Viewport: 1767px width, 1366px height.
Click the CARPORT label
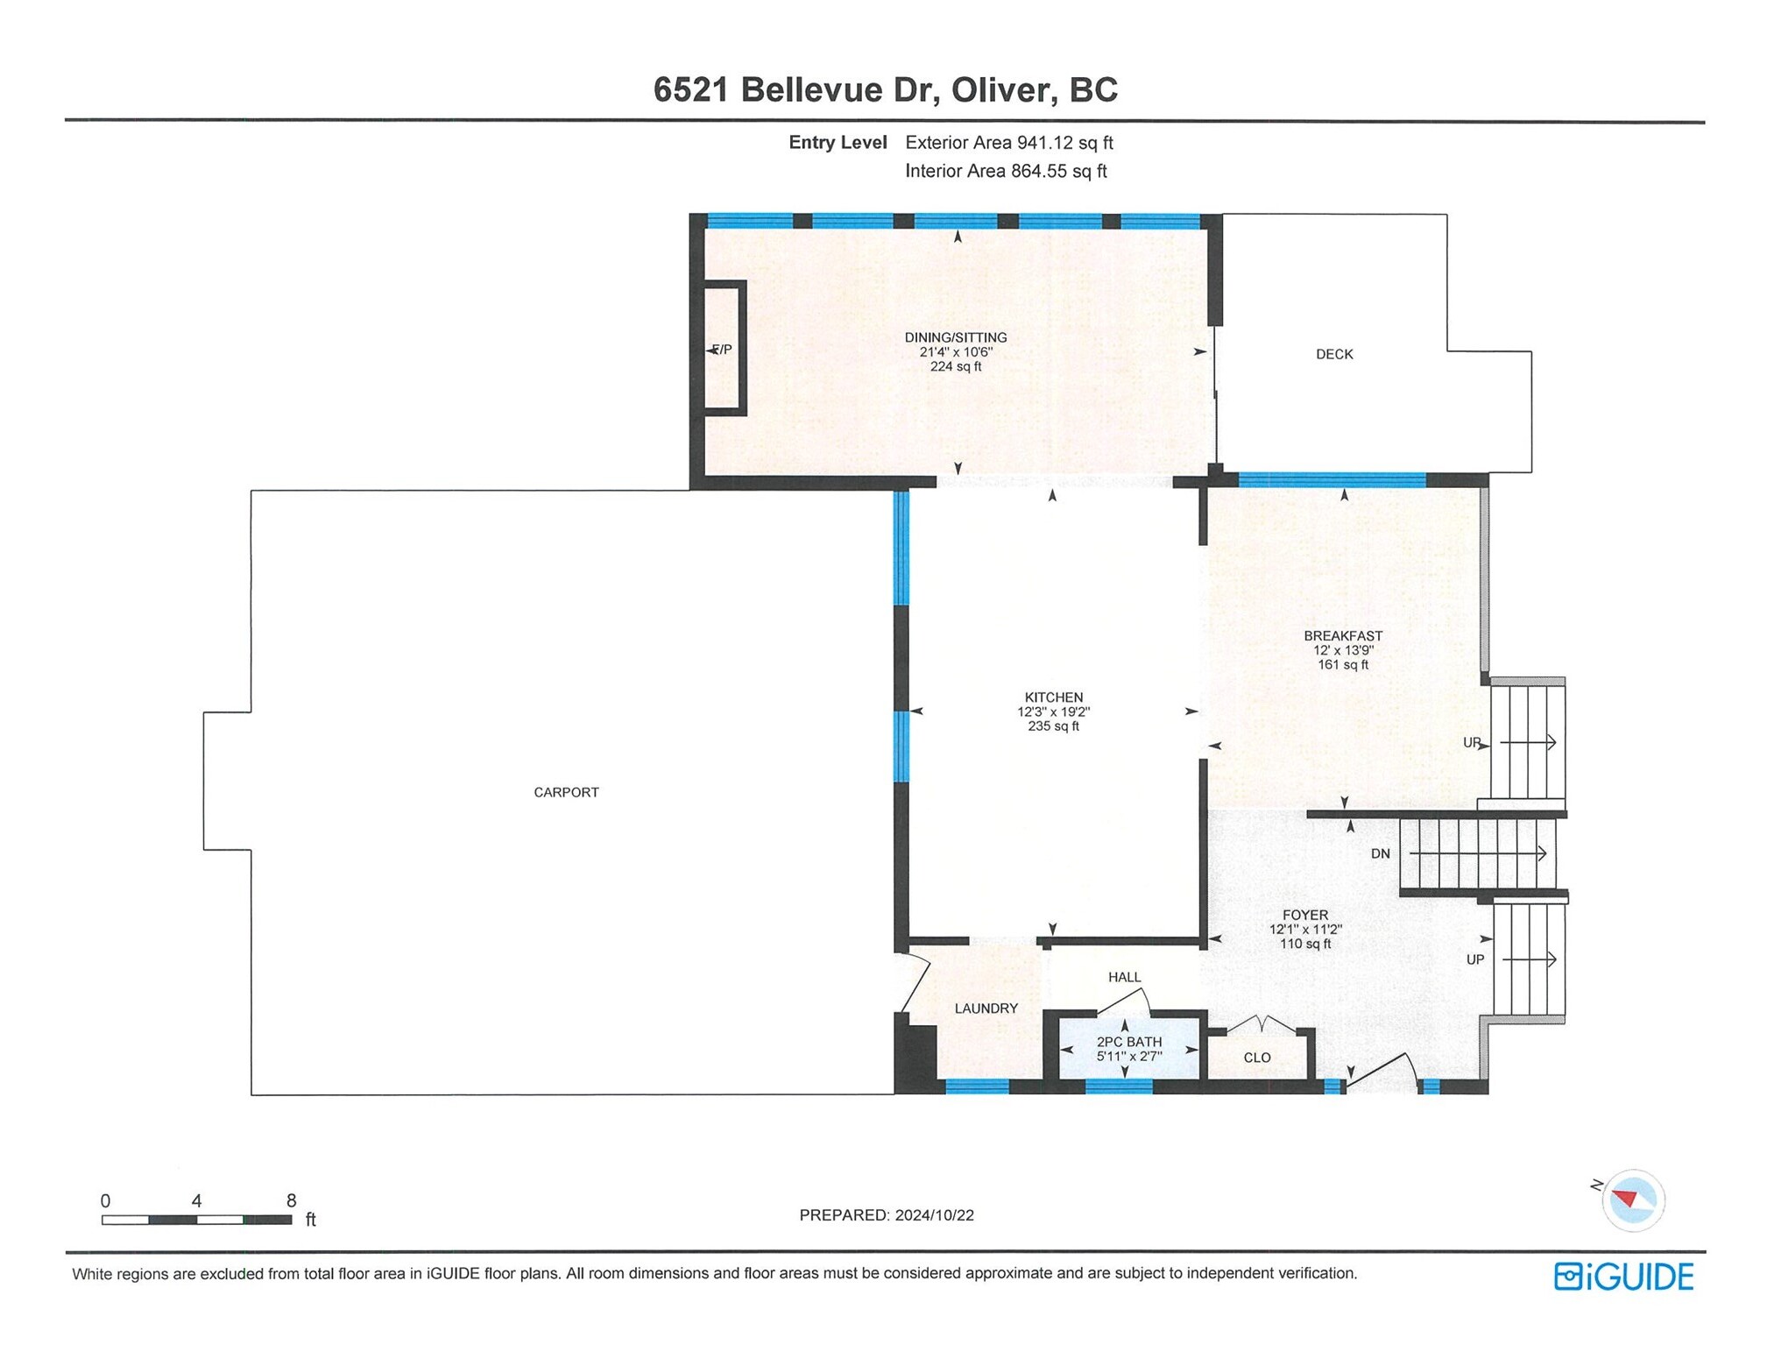pos(566,792)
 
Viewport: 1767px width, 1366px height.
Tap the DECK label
pos(1333,354)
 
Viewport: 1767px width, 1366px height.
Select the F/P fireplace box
pos(724,349)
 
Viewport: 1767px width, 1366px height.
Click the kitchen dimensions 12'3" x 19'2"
pos(1053,711)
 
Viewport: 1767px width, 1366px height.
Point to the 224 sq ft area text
pos(955,366)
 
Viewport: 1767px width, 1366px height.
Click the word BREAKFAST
pos(1342,635)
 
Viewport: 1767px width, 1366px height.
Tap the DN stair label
pos(1380,853)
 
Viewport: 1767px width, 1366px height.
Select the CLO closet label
pos(1256,1058)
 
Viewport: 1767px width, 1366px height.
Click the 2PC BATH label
pos(1128,1042)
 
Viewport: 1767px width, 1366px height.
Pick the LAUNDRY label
pos(986,1009)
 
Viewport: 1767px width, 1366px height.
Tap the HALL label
pos(1124,977)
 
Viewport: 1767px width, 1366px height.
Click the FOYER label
pos(1304,915)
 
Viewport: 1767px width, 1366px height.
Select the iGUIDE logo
pos(1622,1277)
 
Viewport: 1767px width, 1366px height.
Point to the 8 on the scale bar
pos(291,1200)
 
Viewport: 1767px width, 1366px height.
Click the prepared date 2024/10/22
pos(934,1215)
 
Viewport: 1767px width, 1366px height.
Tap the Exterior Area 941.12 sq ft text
pos(1008,143)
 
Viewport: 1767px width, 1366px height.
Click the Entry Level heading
pos(837,143)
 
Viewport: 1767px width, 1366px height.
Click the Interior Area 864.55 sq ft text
pos(1005,172)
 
